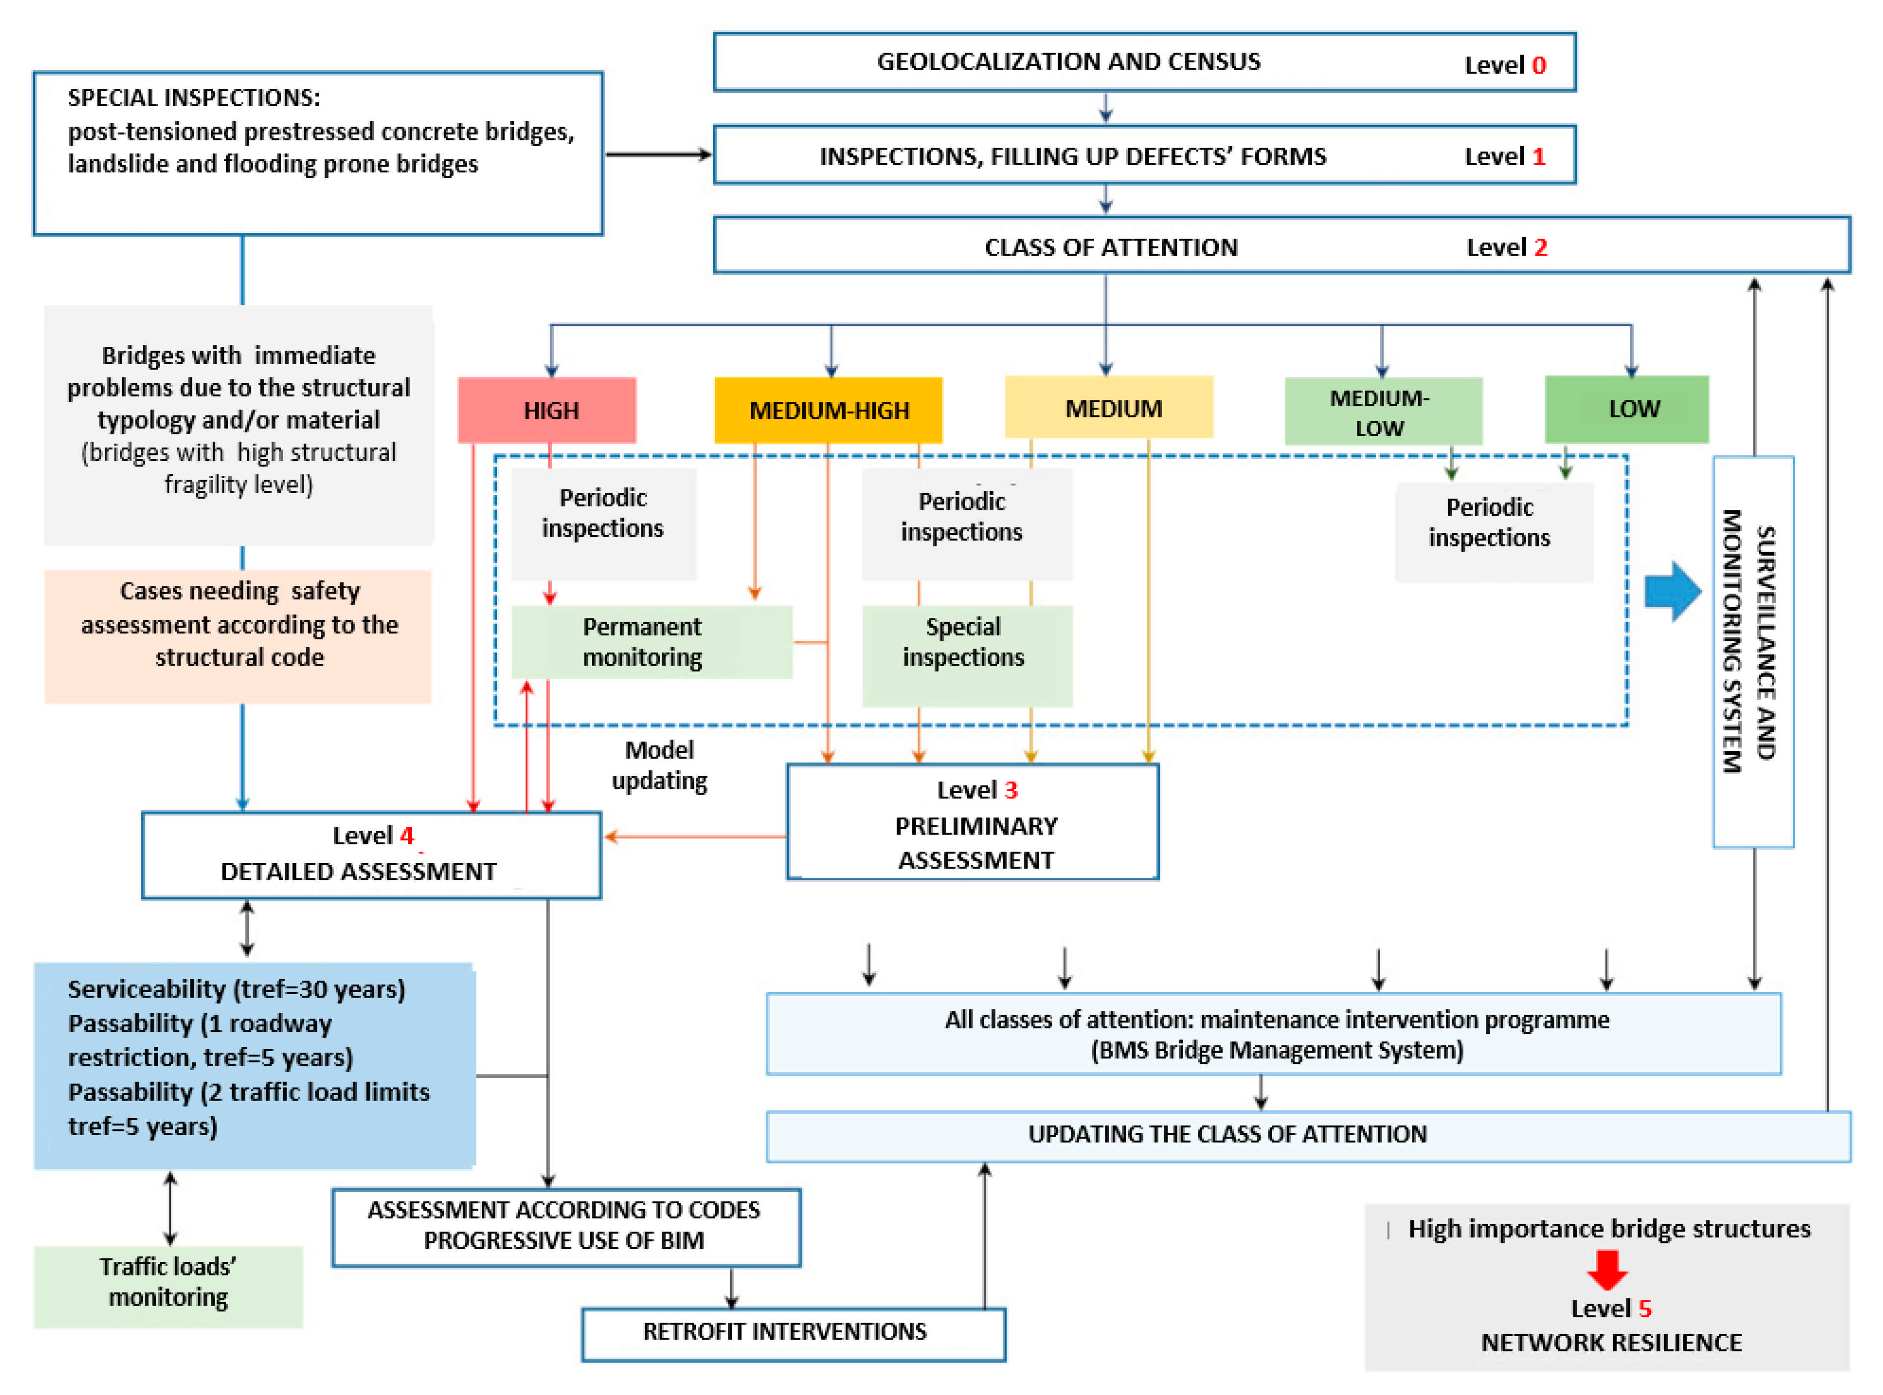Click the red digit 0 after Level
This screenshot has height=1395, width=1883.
(1538, 66)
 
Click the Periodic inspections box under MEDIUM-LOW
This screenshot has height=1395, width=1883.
(1493, 532)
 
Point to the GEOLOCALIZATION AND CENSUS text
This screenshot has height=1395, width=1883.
(1068, 62)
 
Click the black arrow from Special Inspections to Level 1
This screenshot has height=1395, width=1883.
(659, 155)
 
